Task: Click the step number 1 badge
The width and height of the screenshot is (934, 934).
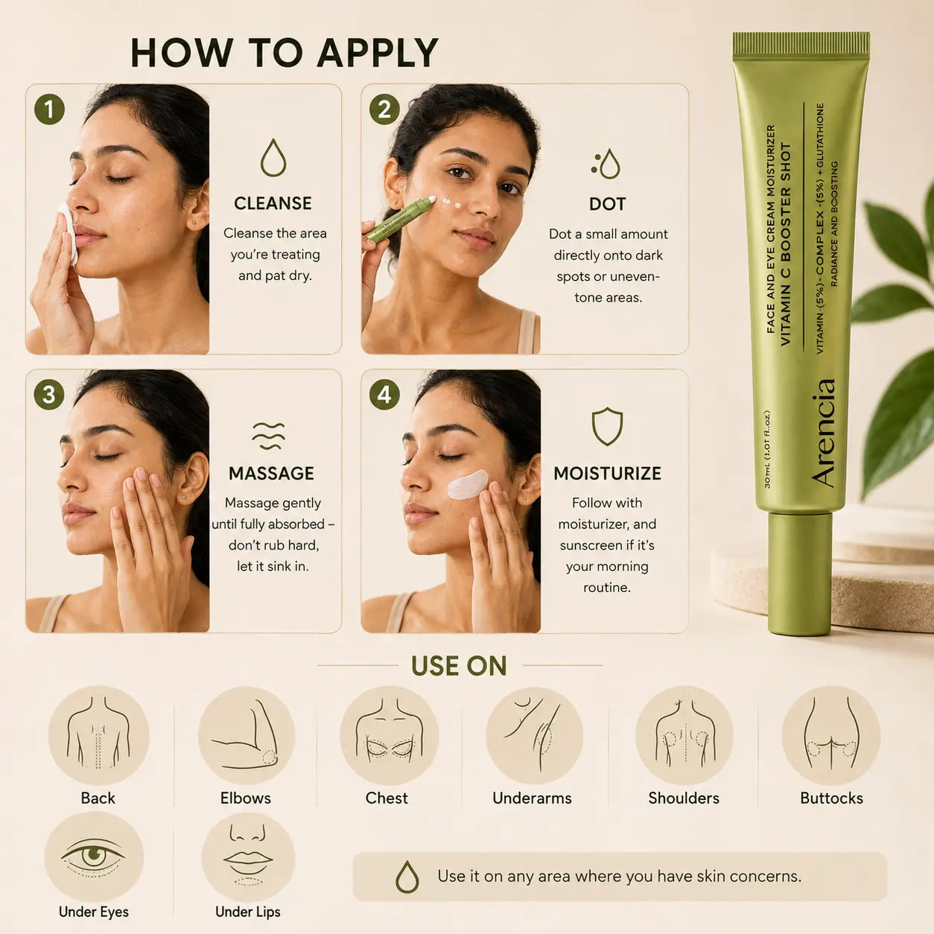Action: (49, 109)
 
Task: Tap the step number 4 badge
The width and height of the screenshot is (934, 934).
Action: (384, 395)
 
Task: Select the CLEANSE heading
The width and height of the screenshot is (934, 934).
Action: (273, 203)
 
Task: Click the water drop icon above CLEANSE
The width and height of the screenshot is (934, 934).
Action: (273, 157)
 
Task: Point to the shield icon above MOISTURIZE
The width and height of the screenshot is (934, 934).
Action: (607, 426)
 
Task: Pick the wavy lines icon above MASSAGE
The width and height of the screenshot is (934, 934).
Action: (269, 435)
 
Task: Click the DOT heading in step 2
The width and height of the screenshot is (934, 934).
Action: (607, 204)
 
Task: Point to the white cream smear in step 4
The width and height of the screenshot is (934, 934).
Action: (467, 484)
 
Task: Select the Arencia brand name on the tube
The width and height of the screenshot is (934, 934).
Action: (823, 432)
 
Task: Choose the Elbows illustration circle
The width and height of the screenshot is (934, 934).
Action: (247, 736)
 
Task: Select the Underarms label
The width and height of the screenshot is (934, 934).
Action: (533, 798)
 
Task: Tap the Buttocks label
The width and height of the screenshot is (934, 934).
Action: (831, 798)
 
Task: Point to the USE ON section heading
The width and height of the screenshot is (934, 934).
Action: (459, 665)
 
